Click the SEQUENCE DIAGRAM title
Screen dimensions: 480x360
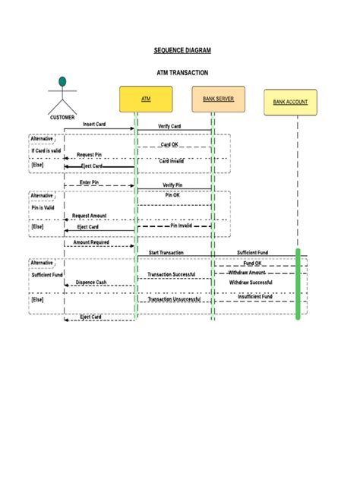(x=182, y=50)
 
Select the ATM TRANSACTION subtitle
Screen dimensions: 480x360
(x=182, y=73)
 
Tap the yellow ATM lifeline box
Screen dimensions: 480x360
(x=146, y=99)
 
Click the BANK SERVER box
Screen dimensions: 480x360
(x=218, y=99)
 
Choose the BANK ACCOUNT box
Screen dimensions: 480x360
(x=290, y=102)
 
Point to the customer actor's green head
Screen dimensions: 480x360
(x=63, y=81)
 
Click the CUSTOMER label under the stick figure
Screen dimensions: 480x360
(x=62, y=118)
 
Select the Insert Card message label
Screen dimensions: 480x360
(x=94, y=124)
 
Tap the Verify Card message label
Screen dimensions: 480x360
(x=169, y=126)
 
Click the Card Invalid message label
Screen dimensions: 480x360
(x=171, y=161)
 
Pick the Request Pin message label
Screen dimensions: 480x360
(x=90, y=154)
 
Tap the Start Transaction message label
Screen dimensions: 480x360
(x=166, y=252)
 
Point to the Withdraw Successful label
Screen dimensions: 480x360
(x=251, y=282)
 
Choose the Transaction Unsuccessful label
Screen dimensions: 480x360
(x=174, y=299)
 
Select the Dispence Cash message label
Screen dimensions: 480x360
(x=91, y=282)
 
